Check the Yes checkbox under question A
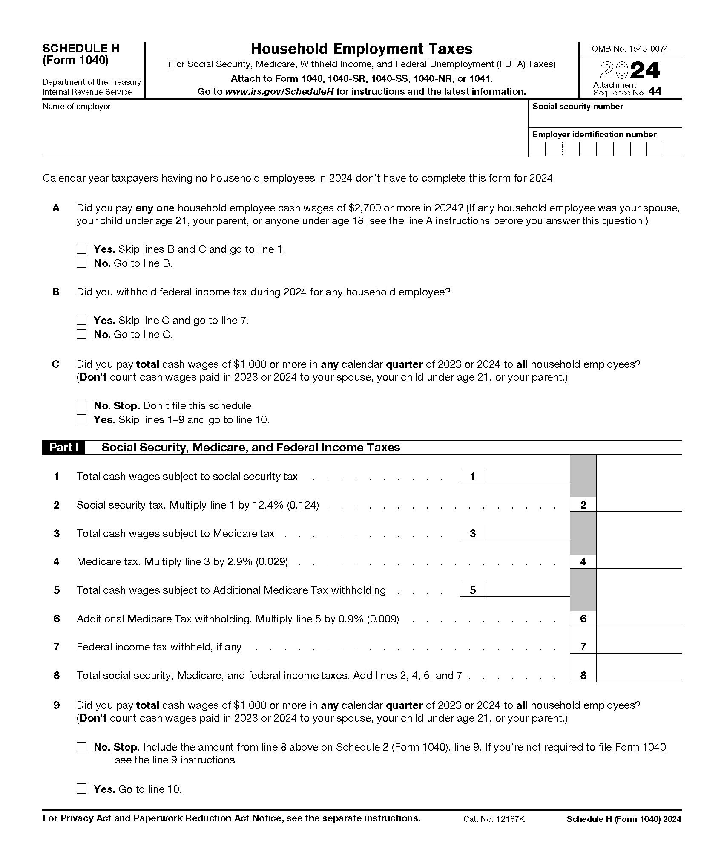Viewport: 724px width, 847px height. pyautogui.click(x=81, y=249)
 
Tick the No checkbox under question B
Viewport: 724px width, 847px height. pyautogui.click(x=81, y=334)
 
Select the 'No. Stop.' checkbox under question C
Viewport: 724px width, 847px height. pyautogui.click(x=81, y=405)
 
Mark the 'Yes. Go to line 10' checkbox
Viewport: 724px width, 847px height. pyautogui.click(x=81, y=789)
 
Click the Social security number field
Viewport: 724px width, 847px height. pyautogui.click(x=605, y=119)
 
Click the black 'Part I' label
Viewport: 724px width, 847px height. pyautogui.click(x=63, y=448)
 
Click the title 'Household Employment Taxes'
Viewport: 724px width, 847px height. pyautogui.click(x=361, y=49)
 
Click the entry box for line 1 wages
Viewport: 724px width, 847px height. pyautogui.click(x=527, y=476)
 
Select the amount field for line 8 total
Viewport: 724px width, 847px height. pyautogui.click(x=638, y=675)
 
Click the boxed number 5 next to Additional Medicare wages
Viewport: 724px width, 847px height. pyautogui.click(x=472, y=590)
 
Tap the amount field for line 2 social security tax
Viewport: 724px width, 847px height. pyautogui.click(x=638, y=504)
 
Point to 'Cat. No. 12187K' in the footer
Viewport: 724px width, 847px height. pyautogui.click(x=494, y=819)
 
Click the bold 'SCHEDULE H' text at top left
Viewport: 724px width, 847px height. pyautogui.click(x=81, y=49)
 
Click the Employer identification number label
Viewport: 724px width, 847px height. pyautogui.click(x=594, y=135)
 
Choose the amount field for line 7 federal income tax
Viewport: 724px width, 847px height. pyautogui.click(x=638, y=646)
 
